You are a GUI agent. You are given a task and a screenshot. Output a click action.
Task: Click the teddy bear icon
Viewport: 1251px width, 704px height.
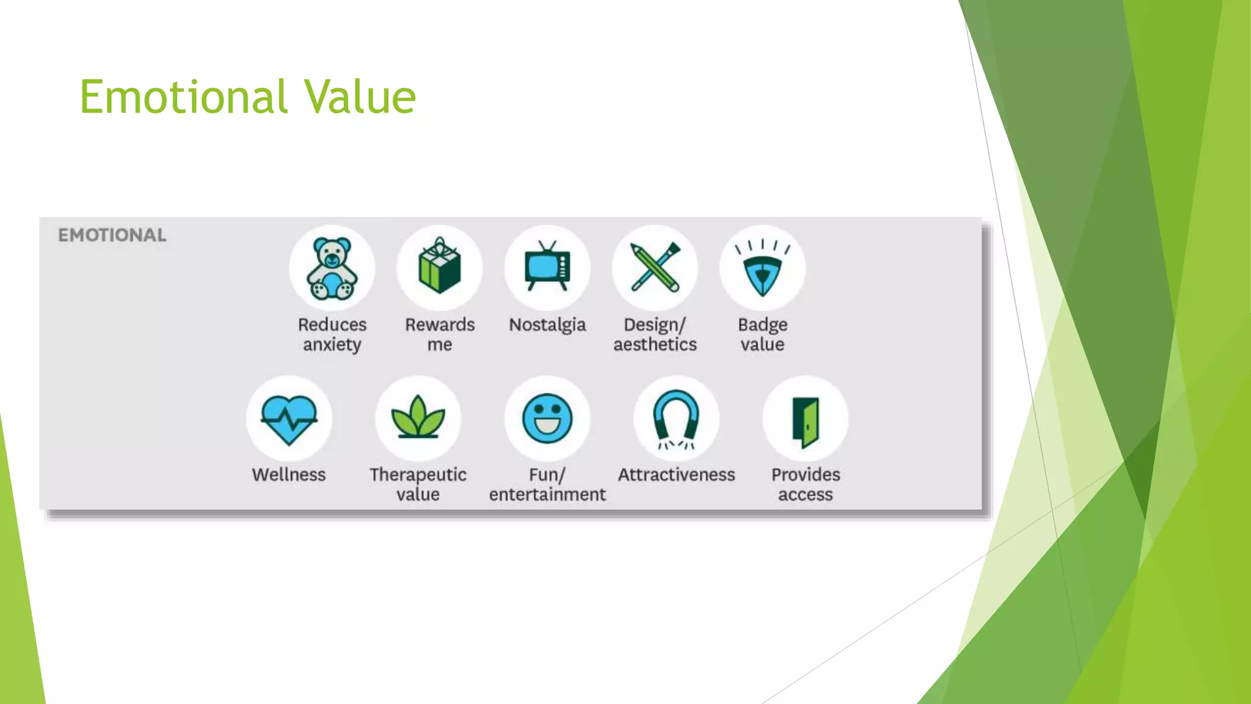(x=332, y=269)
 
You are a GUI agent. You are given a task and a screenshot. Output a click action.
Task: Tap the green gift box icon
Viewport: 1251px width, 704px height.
(x=439, y=268)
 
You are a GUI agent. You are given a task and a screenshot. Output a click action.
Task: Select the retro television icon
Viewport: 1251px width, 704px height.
(x=547, y=268)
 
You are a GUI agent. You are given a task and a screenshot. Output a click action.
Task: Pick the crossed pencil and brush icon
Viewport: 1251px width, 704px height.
(x=655, y=268)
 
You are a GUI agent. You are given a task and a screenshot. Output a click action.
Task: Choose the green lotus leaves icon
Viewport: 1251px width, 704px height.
(x=418, y=419)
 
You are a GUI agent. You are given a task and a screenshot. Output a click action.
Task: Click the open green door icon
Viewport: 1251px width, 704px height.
(x=806, y=422)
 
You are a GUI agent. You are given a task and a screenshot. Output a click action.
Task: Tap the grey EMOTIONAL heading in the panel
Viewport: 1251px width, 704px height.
(x=112, y=235)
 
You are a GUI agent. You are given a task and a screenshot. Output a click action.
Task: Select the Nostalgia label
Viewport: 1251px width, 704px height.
(x=547, y=324)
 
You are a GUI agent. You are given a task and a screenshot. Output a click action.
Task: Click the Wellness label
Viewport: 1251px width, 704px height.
(x=289, y=475)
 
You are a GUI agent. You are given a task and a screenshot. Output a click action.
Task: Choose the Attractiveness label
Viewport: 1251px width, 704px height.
(x=676, y=475)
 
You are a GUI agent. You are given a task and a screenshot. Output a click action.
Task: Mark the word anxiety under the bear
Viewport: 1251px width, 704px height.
(x=332, y=345)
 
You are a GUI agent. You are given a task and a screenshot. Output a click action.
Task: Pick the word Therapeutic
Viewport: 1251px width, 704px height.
(x=418, y=475)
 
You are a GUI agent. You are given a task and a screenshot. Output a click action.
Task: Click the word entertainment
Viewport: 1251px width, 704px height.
(x=547, y=494)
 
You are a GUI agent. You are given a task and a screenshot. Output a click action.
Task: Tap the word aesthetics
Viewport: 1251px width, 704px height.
(x=655, y=345)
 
